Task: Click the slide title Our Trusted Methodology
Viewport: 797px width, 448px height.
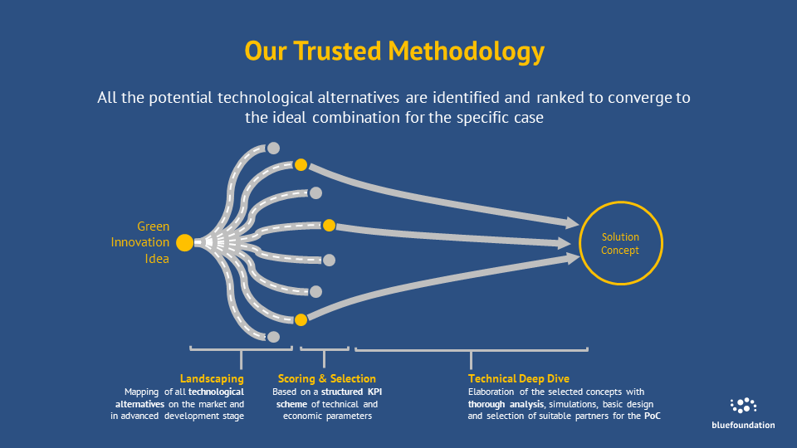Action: (x=394, y=51)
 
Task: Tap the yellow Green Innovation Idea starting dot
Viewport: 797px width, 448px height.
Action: (x=184, y=243)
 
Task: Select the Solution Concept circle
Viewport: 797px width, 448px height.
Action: (x=621, y=243)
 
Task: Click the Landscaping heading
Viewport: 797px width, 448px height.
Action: (x=212, y=378)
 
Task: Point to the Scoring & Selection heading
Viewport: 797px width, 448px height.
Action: (x=327, y=378)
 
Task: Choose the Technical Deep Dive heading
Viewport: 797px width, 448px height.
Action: (x=518, y=378)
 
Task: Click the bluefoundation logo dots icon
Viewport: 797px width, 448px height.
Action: (x=743, y=406)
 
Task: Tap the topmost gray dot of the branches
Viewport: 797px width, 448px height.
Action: (x=273, y=149)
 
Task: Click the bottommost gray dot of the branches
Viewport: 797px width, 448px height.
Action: (x=273, y=337)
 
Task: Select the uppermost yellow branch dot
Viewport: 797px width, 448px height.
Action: (x=301, y=165)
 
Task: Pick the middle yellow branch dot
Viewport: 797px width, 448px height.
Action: (x=330, y=225)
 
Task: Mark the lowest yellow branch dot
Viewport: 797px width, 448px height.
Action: (x=301, y=319)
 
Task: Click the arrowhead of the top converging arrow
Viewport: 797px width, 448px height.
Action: (x=573, y=222)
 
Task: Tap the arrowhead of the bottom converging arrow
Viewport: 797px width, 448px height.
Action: (x=573, y=259)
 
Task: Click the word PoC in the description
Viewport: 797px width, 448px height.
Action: (x=653, y=416)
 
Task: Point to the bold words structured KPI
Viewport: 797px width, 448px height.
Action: (x=351, y=392)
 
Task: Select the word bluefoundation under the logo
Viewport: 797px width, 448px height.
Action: (x=743, y=425)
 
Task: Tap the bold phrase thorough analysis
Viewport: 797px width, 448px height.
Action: (x=506, y=404)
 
